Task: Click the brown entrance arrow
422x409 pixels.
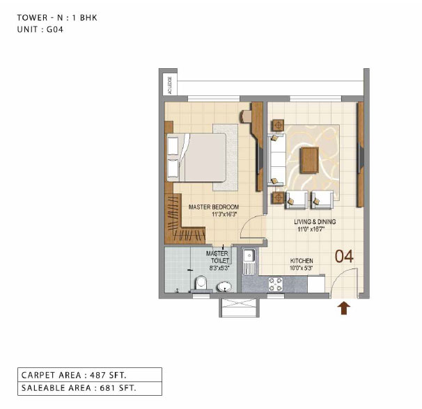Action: pos(344,308)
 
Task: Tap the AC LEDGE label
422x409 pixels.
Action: pos(170,86)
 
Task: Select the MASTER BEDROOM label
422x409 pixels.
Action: pos(214,207)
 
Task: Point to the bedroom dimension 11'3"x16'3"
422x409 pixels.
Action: pos(224,214)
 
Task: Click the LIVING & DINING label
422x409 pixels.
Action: pos(315,222)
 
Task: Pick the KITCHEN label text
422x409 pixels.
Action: pos(302,261)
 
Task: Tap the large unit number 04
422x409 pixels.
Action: pos(344,256)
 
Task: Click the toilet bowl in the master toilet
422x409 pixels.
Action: pos(201,283)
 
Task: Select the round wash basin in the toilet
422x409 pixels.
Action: pos(224,287)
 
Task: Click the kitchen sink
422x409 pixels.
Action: pos(249,261)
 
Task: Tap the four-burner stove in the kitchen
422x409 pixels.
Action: pos(276,284)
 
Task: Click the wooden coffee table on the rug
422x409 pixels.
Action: pos(310,160)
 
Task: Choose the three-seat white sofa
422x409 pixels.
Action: pos(276,160)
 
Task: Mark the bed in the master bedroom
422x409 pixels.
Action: pos(196,157)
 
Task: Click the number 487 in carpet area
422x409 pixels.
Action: pos(97,375)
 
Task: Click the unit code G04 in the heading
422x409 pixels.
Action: pos(55,29)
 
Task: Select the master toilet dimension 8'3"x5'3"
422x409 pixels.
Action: pos(219,268)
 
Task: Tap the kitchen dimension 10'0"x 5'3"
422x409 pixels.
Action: pos(301,268)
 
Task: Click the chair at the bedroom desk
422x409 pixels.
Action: pos(246,116)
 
